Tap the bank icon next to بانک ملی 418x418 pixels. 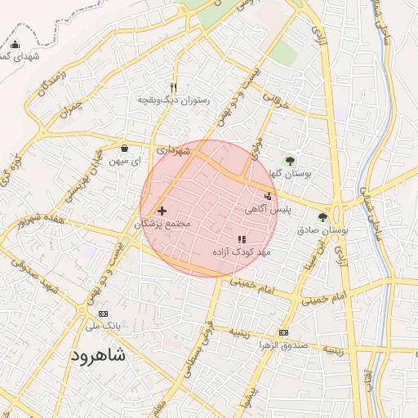(103, 313)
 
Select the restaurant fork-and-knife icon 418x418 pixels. (173, 87)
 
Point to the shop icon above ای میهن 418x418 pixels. (124, 149)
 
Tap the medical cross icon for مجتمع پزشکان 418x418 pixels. (161, 211)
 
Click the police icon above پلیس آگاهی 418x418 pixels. (269, 196)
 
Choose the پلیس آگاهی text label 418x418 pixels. (267, 210)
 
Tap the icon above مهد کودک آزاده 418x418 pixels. (241, 239)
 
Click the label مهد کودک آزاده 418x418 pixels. (241, 252)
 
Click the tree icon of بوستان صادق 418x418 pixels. (323, 217)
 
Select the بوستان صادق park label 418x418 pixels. (323, 231)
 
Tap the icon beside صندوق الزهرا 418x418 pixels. (283, 332)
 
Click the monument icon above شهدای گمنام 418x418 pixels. (16, 44)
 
